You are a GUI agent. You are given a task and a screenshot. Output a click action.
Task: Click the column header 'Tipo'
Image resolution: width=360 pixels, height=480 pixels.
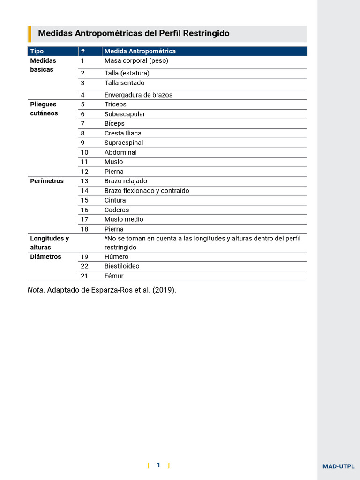pos(37,51)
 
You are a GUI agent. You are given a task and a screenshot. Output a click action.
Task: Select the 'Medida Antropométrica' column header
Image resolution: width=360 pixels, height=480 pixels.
pos(140,51)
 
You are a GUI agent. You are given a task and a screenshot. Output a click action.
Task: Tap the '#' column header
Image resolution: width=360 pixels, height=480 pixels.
pos(82,51)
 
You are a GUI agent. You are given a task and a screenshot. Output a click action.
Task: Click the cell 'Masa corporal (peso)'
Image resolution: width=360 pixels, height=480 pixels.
pos(136,61)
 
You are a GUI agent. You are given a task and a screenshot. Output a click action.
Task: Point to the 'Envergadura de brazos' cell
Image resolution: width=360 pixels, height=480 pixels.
pos(138,95)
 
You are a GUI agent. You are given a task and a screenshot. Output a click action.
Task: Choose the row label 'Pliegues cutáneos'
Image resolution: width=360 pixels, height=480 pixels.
pos(44,109)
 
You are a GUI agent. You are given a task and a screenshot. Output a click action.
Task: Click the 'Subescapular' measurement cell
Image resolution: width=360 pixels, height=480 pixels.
pos(125,114)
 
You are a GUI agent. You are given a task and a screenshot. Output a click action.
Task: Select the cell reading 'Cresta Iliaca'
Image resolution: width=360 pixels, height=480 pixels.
pos(123,133)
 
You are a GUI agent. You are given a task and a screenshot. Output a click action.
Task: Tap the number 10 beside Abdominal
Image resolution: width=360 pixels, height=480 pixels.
pos(84,152)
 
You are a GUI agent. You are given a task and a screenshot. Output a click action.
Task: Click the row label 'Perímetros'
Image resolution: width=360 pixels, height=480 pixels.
pos(47,181)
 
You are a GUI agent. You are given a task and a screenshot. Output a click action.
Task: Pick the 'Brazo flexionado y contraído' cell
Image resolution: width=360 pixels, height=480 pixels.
pos(147,191)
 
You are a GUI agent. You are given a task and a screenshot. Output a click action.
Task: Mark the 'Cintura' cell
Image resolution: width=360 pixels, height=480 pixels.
pos(115,200)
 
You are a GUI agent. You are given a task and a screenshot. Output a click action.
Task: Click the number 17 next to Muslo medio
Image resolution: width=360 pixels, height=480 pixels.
pos(84,219)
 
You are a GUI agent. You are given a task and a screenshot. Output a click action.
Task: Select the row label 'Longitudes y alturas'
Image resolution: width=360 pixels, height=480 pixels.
pos(49,243)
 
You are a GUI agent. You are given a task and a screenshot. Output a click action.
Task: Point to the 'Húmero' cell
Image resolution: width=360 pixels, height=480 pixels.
pos(116,257)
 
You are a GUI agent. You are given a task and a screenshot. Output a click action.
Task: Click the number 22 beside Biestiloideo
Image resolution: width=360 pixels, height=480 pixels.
pos(84,266)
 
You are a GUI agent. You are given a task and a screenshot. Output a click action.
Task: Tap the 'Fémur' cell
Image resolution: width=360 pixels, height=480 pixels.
pos(114,276)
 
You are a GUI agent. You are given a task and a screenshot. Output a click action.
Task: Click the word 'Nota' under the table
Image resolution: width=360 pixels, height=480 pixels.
pos(35,290)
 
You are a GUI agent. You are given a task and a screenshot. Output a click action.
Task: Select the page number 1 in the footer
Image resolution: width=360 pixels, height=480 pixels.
pos(158,465)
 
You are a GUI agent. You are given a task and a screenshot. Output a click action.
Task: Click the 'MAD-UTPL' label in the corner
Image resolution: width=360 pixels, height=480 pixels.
pos(338,466)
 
